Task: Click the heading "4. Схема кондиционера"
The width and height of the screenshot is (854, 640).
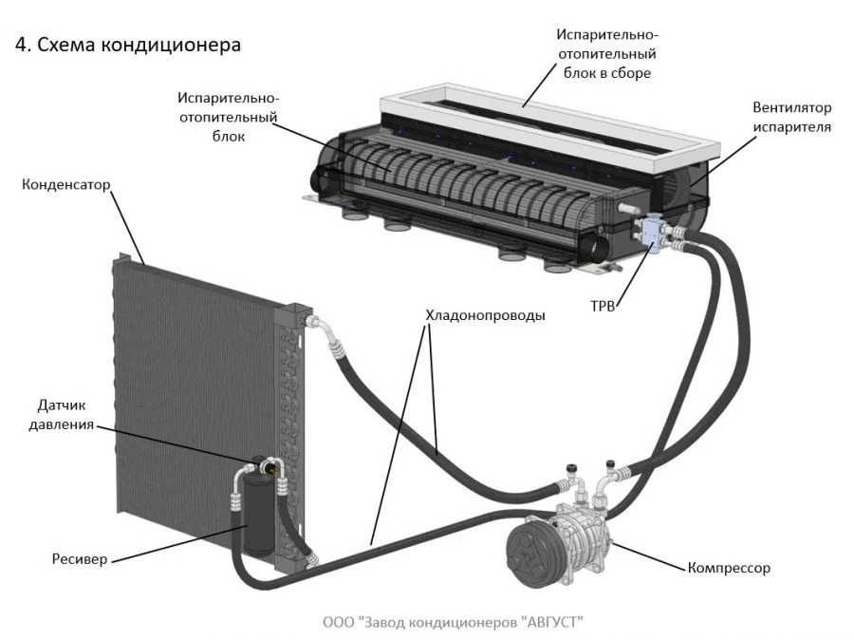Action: tap(127, 46)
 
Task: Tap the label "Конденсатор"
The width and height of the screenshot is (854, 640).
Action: tap(66, 183)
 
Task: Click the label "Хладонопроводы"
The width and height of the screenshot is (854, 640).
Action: tap(485, 315)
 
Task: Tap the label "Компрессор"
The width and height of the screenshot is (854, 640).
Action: tap(728, 569)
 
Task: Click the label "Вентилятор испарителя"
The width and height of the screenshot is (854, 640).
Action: tap(791, 116)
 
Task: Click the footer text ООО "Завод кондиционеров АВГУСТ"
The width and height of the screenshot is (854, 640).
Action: tap(453, 622)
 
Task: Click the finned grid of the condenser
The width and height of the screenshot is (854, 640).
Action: tap(190, 380)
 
